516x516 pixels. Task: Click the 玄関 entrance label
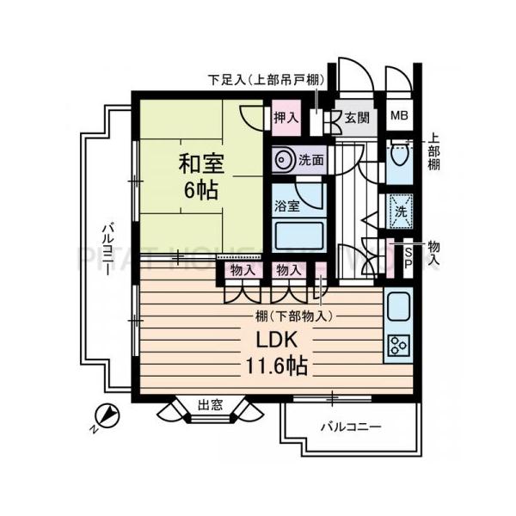[x=357, y=118]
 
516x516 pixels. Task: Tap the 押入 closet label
[x=286, y=118]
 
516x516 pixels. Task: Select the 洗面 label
[x=312, y=159]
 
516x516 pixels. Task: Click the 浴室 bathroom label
[x=286, y=206]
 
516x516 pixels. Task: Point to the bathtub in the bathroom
[x=297, y=236]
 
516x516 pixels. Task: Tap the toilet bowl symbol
[x=399, y=157]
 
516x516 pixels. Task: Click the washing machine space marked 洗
[x=399, y=209]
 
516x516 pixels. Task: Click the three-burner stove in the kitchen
[x=398, y=345]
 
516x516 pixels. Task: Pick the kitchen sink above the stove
[x=398, y=305]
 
